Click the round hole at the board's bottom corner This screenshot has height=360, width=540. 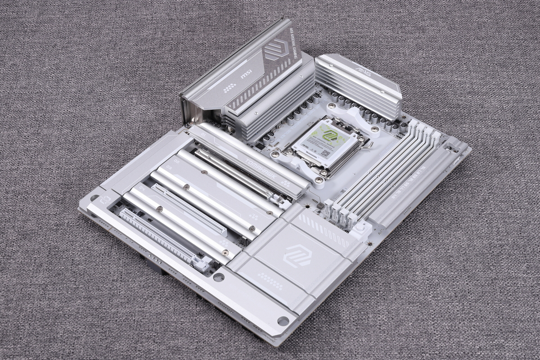tap(283, 321)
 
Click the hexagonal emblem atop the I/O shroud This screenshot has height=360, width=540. tap(275, 49)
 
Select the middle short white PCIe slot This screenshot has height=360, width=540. tap(189, 209)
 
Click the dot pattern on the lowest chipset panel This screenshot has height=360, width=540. tap(270, 281)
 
